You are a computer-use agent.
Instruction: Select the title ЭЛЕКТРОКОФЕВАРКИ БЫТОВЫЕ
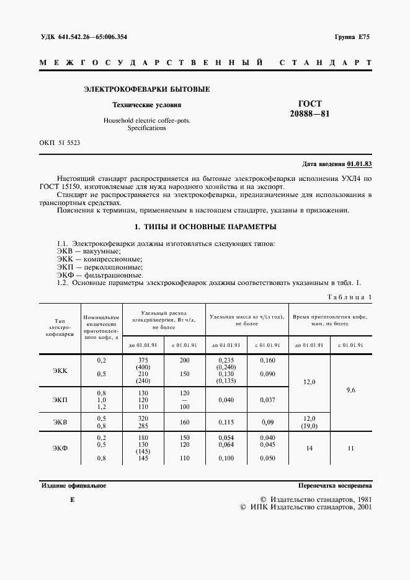pyautogui.click(x=146, y=89)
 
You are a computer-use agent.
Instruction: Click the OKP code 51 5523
pyautogui.click(x=68, y=143)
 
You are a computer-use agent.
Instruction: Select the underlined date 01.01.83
pyautogui.click(x=359, y=164)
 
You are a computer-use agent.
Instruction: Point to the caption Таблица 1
pyautogui.click(x=349, y=297)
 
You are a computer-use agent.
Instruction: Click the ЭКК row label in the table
pyautogui.click(x=60, y=371)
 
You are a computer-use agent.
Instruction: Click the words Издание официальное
pyautogui.click(x=73, y=486)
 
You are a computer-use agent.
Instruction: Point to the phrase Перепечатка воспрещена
pyautogui.click(x=334, y=486)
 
